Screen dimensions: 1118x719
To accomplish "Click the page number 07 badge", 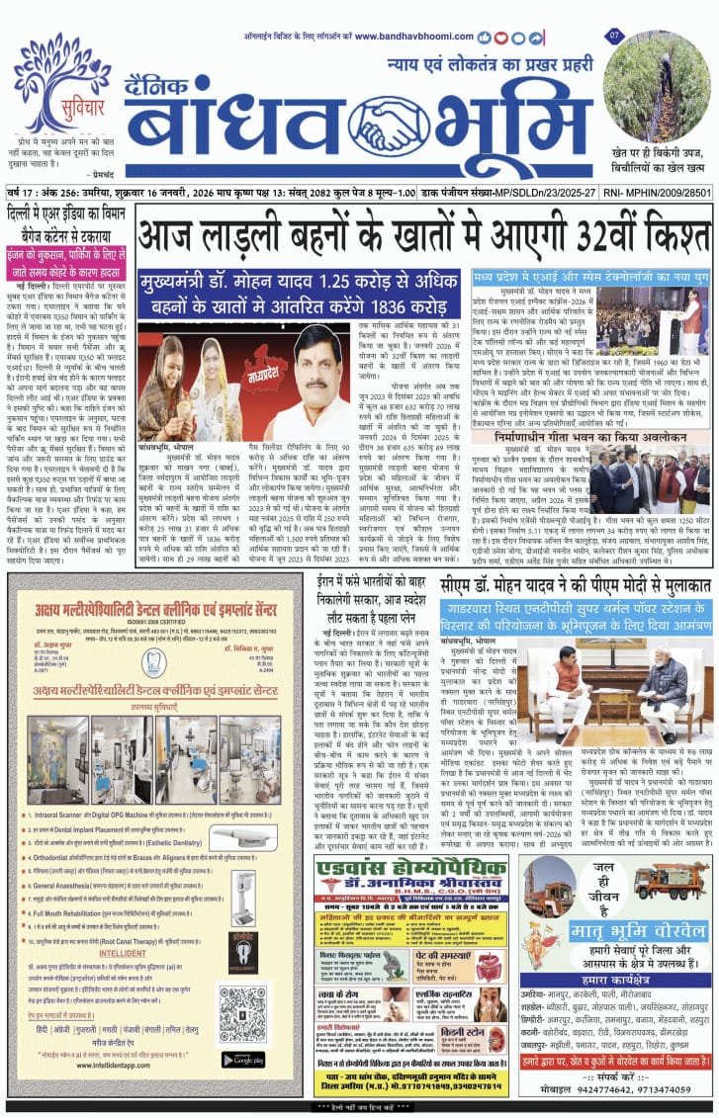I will point(614,37).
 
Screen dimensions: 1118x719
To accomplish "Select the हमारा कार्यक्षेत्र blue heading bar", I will point(614,978).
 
